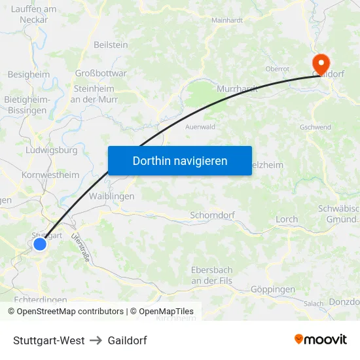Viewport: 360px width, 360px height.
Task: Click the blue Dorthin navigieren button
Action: click(x=180, y=160)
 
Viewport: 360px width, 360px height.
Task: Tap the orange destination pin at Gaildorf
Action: click(x=321, y=63)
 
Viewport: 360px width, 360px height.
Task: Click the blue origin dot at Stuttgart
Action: click(x=40, y=244)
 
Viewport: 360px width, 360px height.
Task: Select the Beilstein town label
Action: click(x=111, y=45)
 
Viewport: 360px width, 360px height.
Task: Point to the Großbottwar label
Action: click(x=101, y=73)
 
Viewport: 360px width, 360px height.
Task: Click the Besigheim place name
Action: click(x=28, y=75)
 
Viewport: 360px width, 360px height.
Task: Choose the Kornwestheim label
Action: click(x=50, y=175)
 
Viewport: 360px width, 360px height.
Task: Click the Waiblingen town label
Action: click(x=111, y=196)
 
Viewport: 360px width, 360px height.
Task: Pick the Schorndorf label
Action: click(x=212, y=215)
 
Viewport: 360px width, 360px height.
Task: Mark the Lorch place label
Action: click(x=287, y=219)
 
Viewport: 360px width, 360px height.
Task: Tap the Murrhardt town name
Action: click(x=237, y=88)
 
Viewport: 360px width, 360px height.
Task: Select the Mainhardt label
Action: click(x=227, y=20)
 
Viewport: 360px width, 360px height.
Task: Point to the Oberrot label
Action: click(x=278, y=69)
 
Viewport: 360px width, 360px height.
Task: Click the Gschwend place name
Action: click(x=315, y=127)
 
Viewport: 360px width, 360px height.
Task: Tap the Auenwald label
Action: click(x=200, y=127)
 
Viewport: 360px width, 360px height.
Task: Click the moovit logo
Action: click(x=321, y=340)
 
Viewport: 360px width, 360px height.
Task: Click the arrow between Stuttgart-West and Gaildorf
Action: click(x=96, y=340)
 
